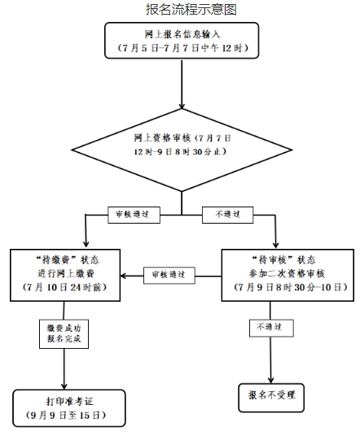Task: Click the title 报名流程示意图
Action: [191, 9]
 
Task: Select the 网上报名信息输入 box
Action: [182, 41]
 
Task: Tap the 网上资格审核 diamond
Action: [182, 150]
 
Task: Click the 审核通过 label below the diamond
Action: [134, 215]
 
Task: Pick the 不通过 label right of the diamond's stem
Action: [227, 215]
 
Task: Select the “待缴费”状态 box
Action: [65, 275]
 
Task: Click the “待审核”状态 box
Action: [288, 275]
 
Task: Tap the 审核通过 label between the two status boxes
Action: [169, 275]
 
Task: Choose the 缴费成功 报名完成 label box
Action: [64, 334]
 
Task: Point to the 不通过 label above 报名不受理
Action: [271, 328]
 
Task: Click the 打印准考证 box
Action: [68, 408]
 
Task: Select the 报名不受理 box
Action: [271, 398]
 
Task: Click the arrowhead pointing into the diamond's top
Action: [182, 106]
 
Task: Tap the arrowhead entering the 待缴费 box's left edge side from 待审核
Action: [124, 276]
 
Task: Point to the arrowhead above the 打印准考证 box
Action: [64, 386]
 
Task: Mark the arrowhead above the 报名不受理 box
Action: [271, 380]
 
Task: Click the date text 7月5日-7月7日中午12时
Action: [183, 48]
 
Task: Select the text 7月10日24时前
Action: [65, 288]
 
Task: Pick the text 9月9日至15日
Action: [66, 415]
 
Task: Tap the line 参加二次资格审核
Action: [287, 274]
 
